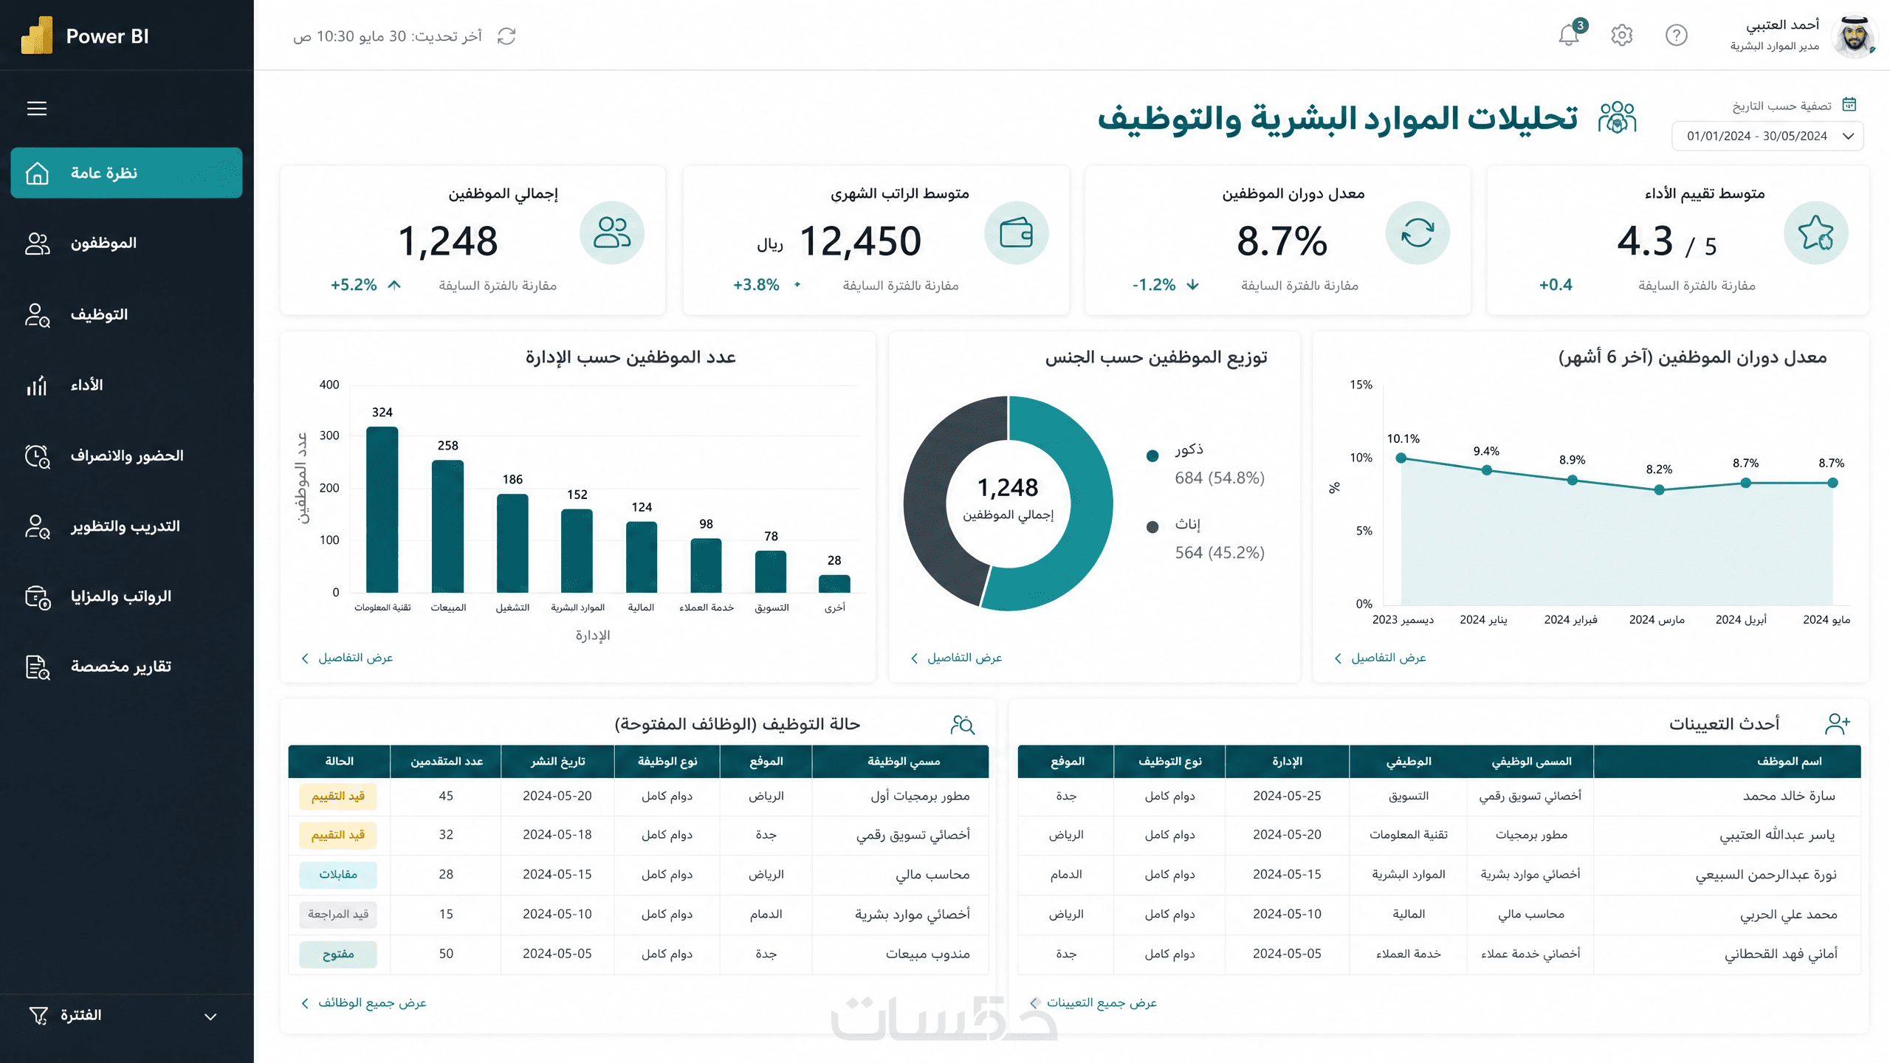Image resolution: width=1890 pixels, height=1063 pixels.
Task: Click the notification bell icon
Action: [1568, 35]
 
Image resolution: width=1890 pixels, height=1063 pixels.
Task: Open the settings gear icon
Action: [1621, 35]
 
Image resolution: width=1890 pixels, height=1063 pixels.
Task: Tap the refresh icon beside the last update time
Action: [506, 36]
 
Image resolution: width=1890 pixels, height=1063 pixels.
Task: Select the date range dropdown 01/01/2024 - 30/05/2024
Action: [1767, 136]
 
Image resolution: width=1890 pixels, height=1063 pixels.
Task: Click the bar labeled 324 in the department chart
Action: [382, 509]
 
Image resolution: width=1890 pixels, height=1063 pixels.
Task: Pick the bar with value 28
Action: [834, 584]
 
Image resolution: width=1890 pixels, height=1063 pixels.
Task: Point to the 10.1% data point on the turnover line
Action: [1401, 458]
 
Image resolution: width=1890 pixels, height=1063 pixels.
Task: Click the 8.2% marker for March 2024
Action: [1659, 489]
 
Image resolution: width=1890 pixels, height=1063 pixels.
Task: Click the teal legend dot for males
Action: [1152, 455]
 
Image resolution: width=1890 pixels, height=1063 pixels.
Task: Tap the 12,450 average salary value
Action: [860, 241]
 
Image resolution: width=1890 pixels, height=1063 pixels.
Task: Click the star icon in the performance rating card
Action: [1815, 233]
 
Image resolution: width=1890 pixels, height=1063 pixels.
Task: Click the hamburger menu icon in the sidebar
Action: [37, 109]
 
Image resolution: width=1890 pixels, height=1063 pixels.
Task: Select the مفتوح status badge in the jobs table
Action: [338, 954]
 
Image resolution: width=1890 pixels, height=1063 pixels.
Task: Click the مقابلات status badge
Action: [338, 875]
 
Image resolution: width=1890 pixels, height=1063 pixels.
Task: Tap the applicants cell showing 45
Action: [446, 796]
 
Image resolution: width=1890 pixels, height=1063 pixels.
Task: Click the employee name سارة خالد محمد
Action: [1789, 796]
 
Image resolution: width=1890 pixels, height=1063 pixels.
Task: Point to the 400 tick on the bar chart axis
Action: [329, 385]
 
